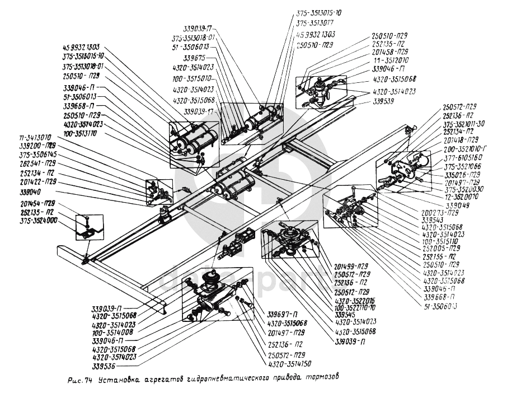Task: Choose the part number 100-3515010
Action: click(x=191, y=79)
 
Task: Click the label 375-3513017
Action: click(x=314, y=23)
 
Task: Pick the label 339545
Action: click(x=348, y=314)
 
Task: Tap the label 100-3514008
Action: click(x=114, y=331)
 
